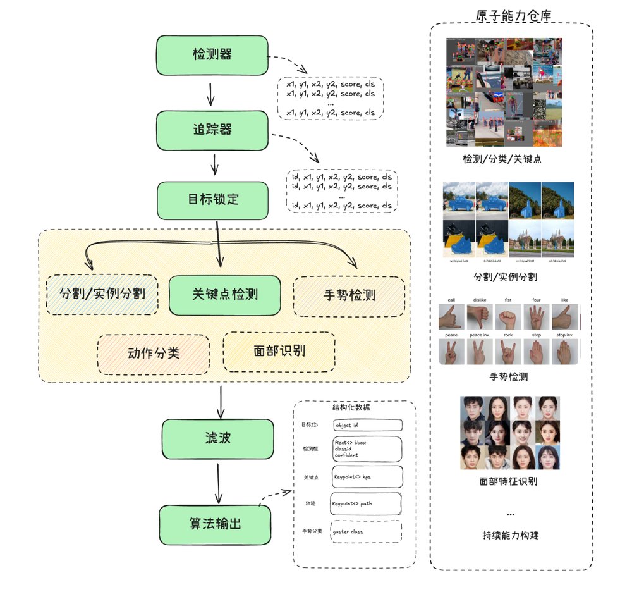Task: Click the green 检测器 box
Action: (x=212, y=55)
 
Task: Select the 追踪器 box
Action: (x=212, y=130)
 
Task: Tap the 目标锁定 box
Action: (x=213, y=200)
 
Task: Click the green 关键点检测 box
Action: (x=224, y=295)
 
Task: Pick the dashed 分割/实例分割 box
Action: (x=102, y=295)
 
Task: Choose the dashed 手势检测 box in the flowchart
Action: (x=349, y=295)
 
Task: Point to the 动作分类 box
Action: (x=153, y=352)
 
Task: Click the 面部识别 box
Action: (x=279, y=350)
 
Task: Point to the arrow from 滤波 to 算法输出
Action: (x=218, y=484)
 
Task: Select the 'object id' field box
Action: (x=367, y=425)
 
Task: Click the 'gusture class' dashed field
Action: (x=367, y=531)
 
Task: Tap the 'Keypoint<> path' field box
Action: (x=366, y=504)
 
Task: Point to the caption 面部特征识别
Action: (x=508, y=481)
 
